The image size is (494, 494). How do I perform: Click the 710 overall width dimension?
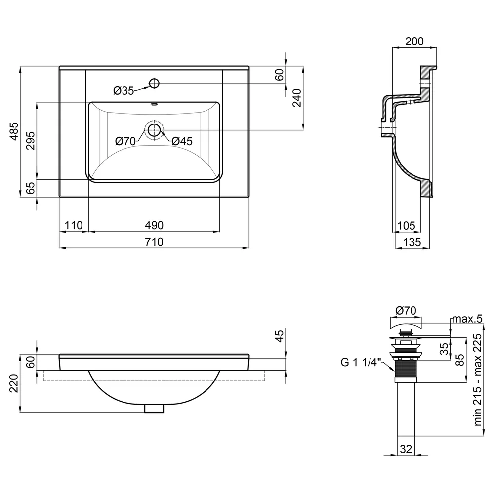click(154, 242)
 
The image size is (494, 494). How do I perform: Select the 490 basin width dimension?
click(154, 225)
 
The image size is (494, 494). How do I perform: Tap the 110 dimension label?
click(74, 225)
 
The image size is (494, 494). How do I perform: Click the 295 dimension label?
click(30, 140)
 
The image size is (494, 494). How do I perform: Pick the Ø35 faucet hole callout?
click(123, 91)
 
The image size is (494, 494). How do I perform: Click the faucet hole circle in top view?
click(154, 83)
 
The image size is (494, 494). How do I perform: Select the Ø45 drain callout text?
click(182, 141)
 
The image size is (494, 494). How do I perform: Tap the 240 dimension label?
click(297, 98)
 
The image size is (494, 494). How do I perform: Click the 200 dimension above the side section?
click(414, 41)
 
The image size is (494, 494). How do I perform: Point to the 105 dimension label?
click(407, 226)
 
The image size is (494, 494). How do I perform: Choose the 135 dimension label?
click(412, 242)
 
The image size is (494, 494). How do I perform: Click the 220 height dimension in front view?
click(14, 383)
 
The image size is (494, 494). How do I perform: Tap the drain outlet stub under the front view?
click(154, 409)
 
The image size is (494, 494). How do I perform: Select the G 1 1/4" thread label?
click(361, 362)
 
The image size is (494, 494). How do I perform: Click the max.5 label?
click(467, 319)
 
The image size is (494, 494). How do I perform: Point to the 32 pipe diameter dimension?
click(406, 449)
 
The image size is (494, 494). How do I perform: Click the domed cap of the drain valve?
click(406, 324)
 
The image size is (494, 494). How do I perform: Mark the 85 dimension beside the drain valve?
click(460, 360)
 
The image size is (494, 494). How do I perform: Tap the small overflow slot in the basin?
click(154, 105)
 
